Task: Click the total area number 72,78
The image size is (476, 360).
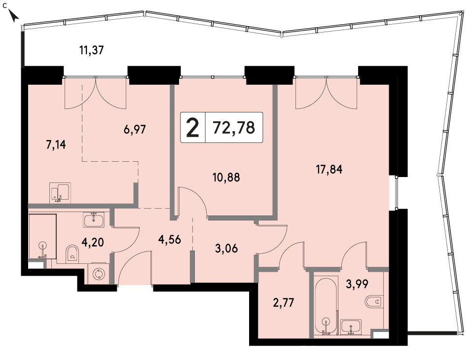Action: click(x=234, y=128)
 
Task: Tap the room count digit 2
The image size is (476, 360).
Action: click(x=192, y=128)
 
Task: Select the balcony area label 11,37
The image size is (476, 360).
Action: click(x=92, y=50)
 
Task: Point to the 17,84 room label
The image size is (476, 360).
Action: click(x=330, y=169)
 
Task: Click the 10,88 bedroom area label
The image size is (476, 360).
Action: click(x=226, y=177)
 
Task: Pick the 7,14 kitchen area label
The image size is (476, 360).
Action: click(x=56, y=145)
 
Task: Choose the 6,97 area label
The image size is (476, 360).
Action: click(x=135, y=130)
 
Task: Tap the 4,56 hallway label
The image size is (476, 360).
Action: click(x=170, y=240)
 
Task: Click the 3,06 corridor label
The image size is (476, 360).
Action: click(x=226, y=249)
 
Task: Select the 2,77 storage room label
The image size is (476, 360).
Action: click(x=284, y=303)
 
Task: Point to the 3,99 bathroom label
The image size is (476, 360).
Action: click(x=357, y=284)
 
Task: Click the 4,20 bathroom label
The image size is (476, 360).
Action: click(x=93, y=243)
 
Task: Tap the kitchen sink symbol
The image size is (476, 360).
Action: click(x=60, y=193)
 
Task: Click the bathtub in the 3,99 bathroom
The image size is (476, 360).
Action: click(x=326, y=306)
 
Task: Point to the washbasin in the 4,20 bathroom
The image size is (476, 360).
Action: click(x=94, y=220)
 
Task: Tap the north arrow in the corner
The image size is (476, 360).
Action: click(x=14, y=15)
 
